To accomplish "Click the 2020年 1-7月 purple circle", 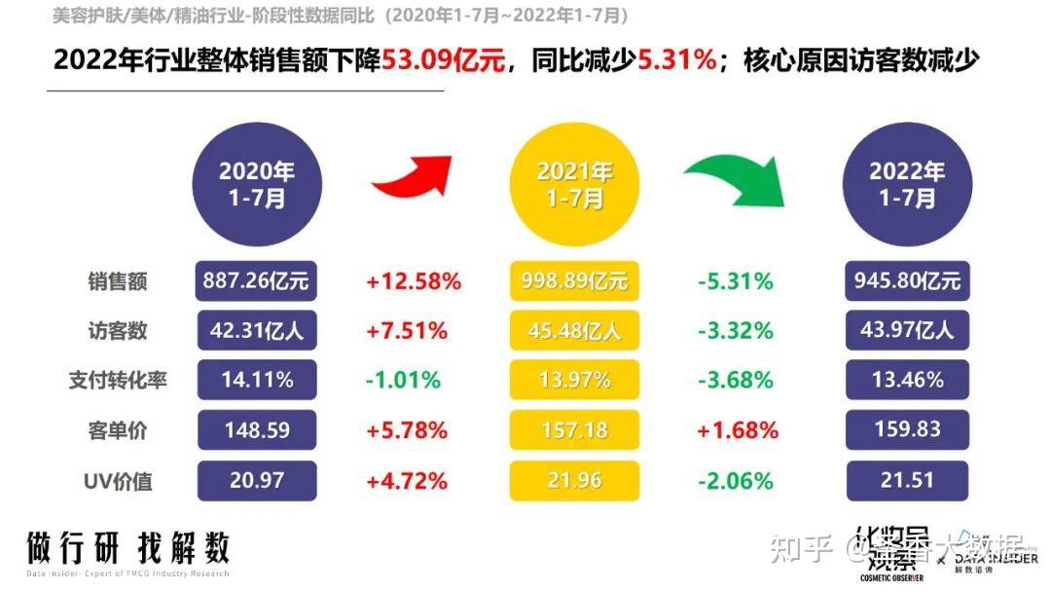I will click(256, 185).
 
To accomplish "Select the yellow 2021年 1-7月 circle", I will click(574, 185).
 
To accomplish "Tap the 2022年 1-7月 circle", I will click(907, 185).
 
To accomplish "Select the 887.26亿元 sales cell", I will click(256, 281).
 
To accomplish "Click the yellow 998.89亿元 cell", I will click(574, 281).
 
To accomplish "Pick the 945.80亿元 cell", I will click(907, 281).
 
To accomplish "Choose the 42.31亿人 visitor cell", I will click(256, 331).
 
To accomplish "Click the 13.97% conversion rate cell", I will click(574, 380).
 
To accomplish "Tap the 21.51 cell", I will click(907, 480).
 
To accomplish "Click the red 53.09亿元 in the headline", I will click(444, 61).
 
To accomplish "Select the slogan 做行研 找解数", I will click(127, 548).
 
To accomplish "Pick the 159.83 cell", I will click(907, 429).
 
